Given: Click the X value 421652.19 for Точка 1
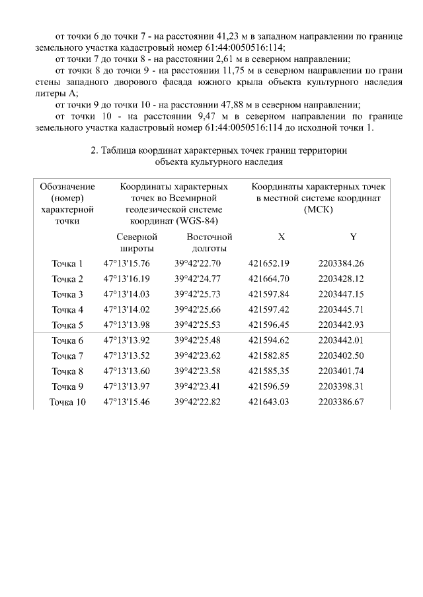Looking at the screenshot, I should tap(268, 263).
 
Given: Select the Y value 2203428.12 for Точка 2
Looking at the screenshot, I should tap(341, 278).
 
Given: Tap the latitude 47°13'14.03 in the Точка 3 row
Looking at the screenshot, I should tap(127, 294).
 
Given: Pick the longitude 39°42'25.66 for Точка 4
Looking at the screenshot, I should tap(198, 309).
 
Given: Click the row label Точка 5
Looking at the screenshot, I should tap(67, 325).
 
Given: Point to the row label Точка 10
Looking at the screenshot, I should tap(67, 402).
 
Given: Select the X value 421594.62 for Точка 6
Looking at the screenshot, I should tap(268, 340).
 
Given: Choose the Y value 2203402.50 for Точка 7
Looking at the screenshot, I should tap(341, 356).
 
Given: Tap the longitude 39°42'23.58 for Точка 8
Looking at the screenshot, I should tap(198, 371).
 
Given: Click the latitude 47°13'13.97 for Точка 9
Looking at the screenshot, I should tap(127, 387).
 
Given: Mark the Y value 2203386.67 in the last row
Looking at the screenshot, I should tap(341, 402).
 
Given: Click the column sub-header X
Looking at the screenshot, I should tap(282, 236).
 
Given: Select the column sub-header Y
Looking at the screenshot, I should tap(353, 236).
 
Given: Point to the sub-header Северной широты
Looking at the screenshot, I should tap(137, 242).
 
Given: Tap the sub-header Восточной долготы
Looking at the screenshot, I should tap(209, 242).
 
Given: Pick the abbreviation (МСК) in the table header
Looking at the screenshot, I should tap(319, 209).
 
